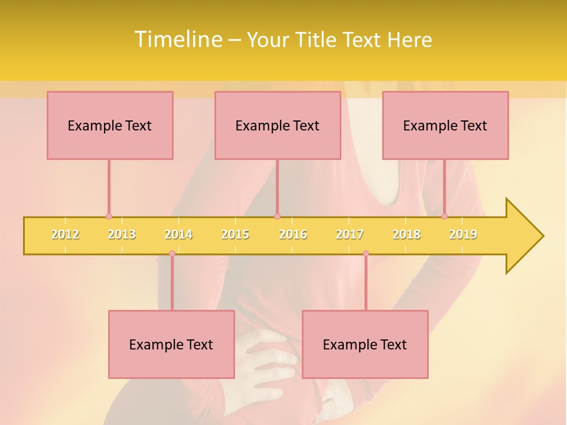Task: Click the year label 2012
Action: pyautogui.click(x=65, y=234)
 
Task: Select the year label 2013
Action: pyautogui.click(x=122, y=234)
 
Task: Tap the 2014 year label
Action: pyautogui.click(x=178, y=234)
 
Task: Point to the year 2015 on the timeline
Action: pyautogui.click(x=235, y=234)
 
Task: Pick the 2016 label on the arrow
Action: pyautogui.click(x=293, y=234)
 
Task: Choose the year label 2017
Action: pyautogui.click(x=350, y=234)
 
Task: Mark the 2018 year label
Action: pyautogui.click(x=406, y=234)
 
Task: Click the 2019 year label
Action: pyautogui.click(x=463, y=234)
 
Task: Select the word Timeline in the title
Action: pyautogui.click(x=177, y=40)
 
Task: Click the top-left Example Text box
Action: pyautogui.click(x=110, y=125)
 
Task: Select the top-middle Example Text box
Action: pyautogui.click(x=278, y=125)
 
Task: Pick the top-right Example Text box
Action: pyautogui.click(x=445, y=125)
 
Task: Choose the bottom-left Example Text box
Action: pyautogui.click(x=171, y=344)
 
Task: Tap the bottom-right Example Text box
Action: pyautogui.click(x=365, y=344)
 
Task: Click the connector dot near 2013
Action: pyautogui.click(x=109, y=217)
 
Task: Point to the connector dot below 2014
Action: pyautogui.click(x=172, y=254)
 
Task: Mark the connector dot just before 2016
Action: pyautogui.click(x=277, y=217)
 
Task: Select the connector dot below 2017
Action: pyautogui.click(x=366, y=254)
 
